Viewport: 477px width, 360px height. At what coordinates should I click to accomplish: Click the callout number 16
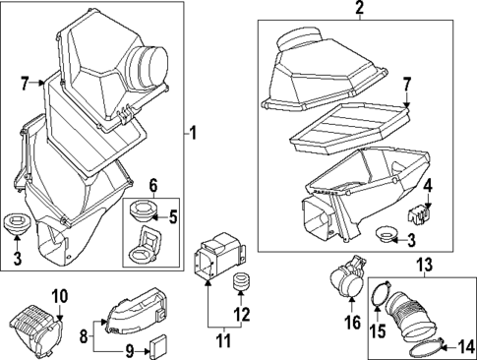(352, 323)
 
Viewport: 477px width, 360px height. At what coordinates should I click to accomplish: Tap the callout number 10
(60, 296)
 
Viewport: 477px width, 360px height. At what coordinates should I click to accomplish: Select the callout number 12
(241, 315)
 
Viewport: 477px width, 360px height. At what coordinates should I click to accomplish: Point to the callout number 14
(465, 347)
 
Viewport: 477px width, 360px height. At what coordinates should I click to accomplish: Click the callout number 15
(378, 331)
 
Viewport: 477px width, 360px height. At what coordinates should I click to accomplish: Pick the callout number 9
(130, 352)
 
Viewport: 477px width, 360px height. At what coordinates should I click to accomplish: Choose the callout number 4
(428, 187)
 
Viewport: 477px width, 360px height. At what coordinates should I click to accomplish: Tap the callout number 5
(172, 216)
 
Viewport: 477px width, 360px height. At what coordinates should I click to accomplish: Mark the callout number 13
(425, 265)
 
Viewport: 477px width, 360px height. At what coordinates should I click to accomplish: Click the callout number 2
(359, 8)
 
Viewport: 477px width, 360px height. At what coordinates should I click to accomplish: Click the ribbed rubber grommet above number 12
(241, 282)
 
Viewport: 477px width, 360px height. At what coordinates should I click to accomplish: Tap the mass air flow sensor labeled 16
(347, 276)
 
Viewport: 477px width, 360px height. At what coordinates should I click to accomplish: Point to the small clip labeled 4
(419, 215)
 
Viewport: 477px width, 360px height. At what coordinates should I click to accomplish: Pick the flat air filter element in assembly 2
(350, 129)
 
